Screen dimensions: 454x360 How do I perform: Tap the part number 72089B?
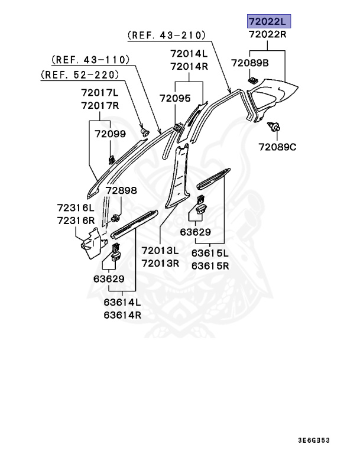pos(249,63)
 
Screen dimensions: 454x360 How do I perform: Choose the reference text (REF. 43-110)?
pos(90,60)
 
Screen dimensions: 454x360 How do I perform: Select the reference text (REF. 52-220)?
pos(80,74)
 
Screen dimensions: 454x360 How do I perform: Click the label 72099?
pos(110,134)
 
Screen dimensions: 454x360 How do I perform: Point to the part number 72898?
pos(121,191)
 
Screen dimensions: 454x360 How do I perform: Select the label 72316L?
pos(76,208)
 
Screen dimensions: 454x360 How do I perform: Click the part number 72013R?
pos(160,263)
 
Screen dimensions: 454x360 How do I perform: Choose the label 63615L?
pos(210,253)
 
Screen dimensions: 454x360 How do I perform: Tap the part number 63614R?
pos(122,314)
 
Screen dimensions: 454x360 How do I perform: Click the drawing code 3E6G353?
pos(322,440)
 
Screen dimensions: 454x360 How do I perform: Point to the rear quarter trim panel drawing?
pos(273,94)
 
